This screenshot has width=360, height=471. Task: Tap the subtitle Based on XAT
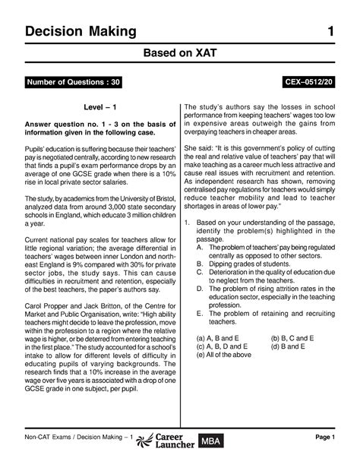(179, 55)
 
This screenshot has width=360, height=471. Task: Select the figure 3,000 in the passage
(115, 207)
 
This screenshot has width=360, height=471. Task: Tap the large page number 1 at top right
(331, 31)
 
